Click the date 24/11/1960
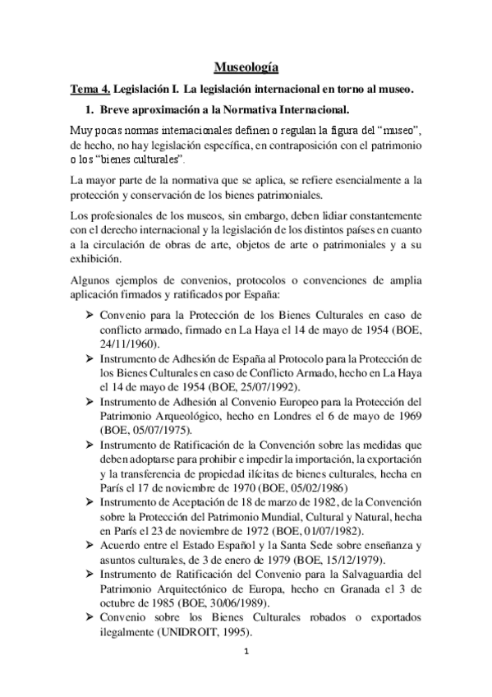126,346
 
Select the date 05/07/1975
162,430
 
